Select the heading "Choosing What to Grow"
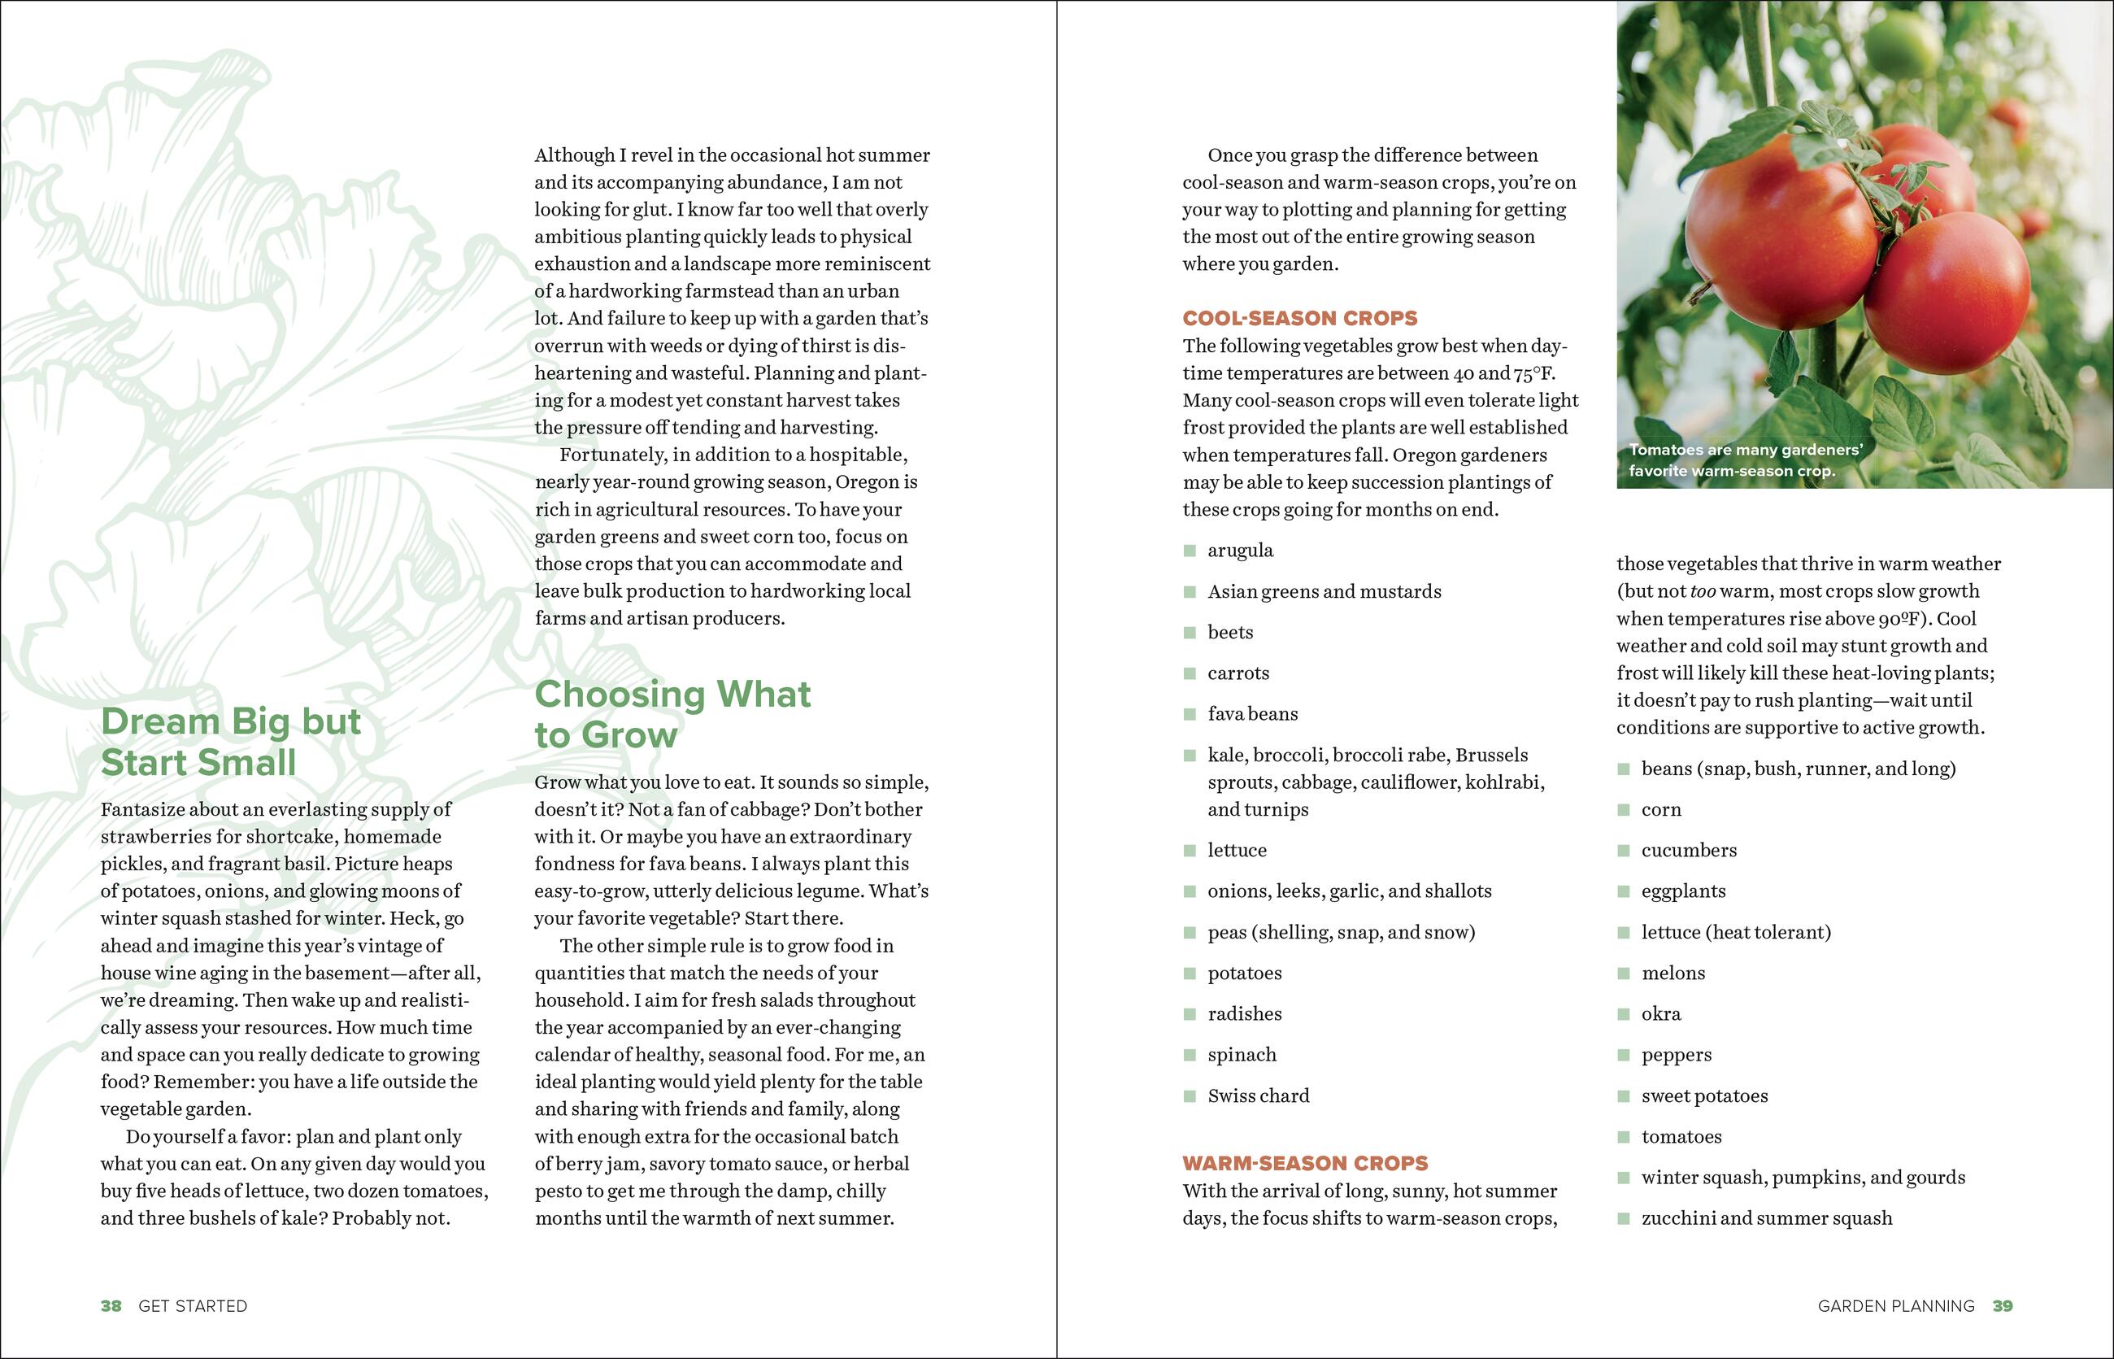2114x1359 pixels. [x=672, y=714]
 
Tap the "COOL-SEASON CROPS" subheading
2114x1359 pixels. [x=1299, y=319]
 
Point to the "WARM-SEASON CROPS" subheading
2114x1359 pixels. [x=1305, y=1163]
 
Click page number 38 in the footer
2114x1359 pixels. [x=111, y=1306]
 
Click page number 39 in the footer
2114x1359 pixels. [x=2002, y=1306]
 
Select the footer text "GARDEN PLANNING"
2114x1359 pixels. [x=1895, y=1306]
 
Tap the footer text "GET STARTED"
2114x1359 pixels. [x=193, y=1306]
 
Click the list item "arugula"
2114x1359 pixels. [x=1241, y=551]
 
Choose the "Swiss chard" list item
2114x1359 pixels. [x=1258, y=1096]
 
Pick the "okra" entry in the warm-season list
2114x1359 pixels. [x=1660, y=1014]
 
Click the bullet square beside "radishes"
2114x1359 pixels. [x=1190, y=1015]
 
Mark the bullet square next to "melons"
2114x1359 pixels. [x=1624, y=974]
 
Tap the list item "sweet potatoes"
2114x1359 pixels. [x=1703, y=1096]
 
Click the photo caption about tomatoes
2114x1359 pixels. [x=1744, y=460]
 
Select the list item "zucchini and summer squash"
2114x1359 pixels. [x=1766, y=1218]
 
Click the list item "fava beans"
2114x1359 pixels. [x=1252, y=714]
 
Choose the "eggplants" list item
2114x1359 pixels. [x=1682, y=891]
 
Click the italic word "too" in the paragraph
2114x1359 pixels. [x=1703, y=591]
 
